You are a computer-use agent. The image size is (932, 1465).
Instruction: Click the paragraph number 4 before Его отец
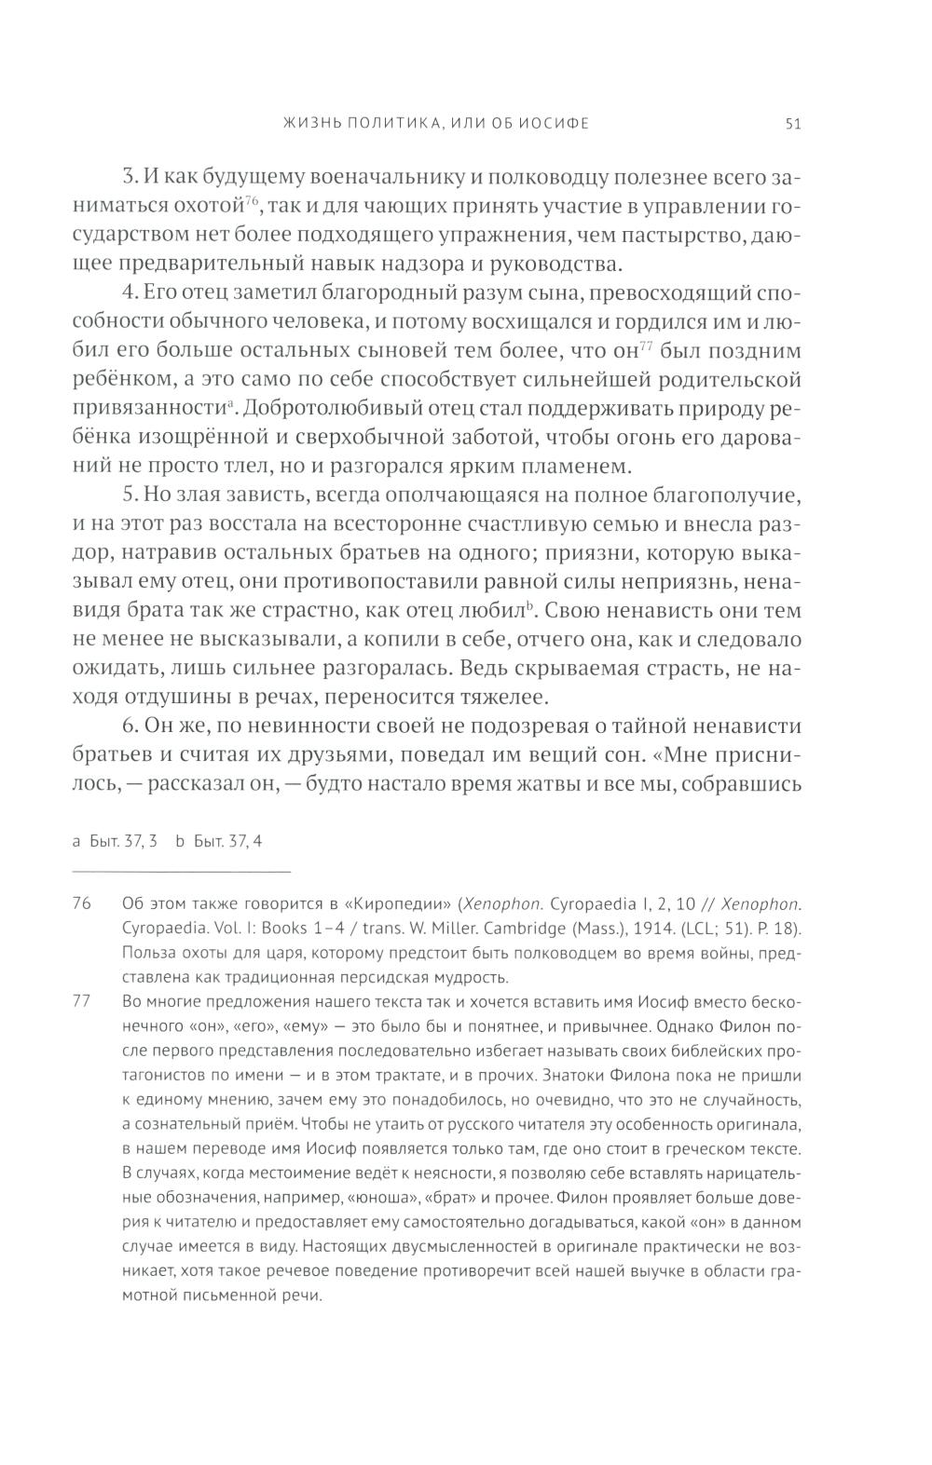click(130, 294)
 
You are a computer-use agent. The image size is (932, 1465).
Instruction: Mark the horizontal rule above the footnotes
click(182, 871)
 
